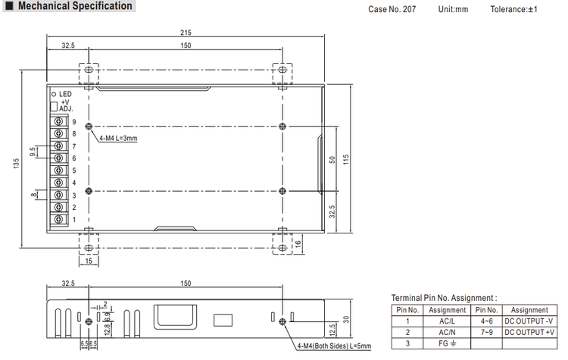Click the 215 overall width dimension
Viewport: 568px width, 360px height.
click(186, 33)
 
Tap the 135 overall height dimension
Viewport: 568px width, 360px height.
click(17, 163)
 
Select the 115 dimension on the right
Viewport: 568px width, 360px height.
click(346, 159)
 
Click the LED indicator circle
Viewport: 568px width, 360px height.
click(54, 94)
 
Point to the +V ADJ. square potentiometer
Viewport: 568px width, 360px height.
click(54, 107)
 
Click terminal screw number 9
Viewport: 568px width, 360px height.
click(58, 121)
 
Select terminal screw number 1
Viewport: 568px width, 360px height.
click(58, 219)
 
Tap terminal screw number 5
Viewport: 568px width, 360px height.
click(58, 170)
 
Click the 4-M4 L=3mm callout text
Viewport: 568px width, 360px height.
click(118, 138)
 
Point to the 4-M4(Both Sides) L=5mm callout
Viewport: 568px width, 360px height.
click(334, 346)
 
